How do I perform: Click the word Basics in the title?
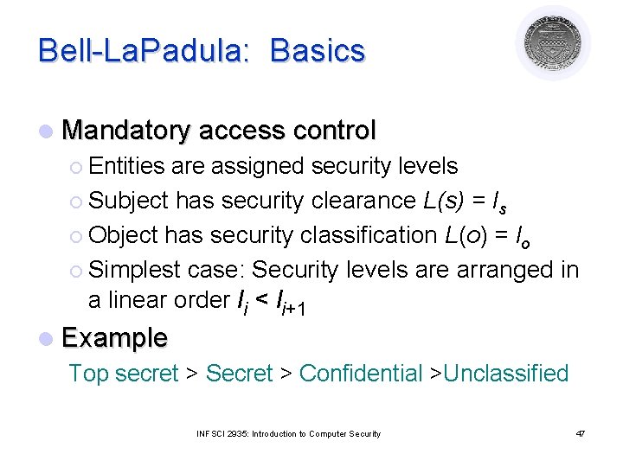click(x=318, y=51)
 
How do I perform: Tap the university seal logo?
click(x=553, y=42)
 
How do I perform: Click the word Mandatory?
click(x=126, y=131)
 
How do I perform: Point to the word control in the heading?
click(x=334, y=131)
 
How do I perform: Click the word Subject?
click(x=129, y=200)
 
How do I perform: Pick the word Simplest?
click(x=134, y=269)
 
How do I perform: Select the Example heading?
click(x=115, y=338)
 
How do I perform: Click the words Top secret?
click(x=124, y=374)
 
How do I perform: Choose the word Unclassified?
click(x=506, y=374)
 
